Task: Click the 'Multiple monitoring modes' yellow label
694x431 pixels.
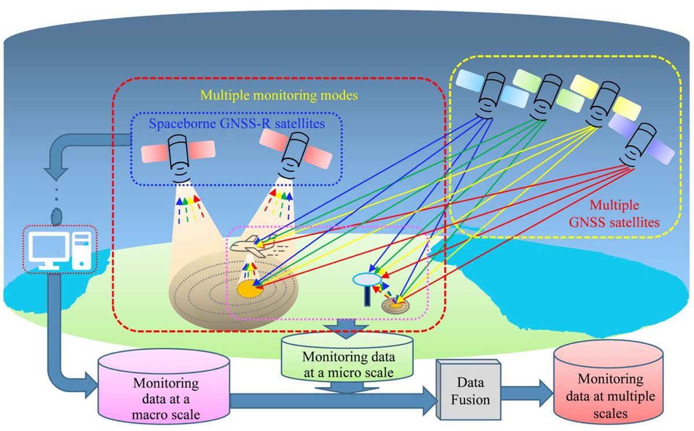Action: [278, 93]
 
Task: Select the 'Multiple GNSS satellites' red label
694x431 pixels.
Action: [626, 212]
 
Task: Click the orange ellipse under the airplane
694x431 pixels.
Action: [250, 287]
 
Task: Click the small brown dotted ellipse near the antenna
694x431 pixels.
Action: [396, 305]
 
